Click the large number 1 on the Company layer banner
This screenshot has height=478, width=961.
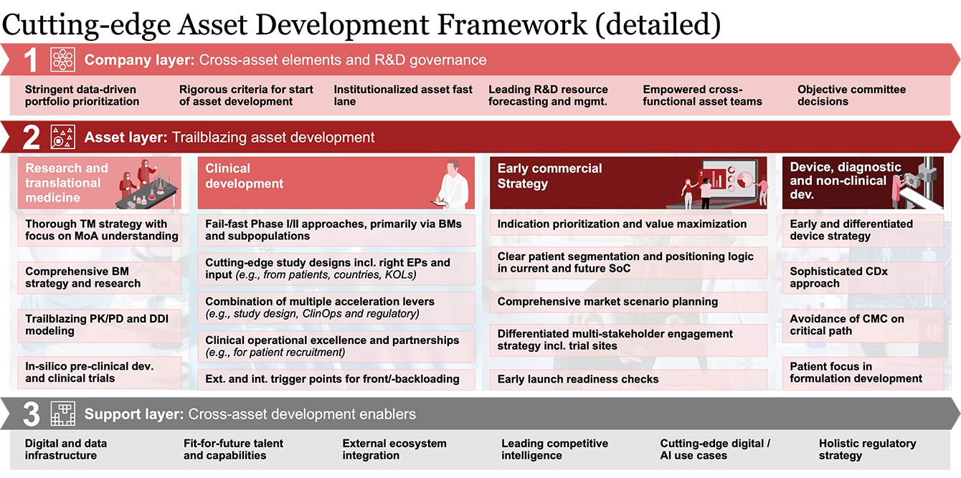tap(30, 60)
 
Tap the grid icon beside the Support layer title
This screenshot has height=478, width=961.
tap(62, 414)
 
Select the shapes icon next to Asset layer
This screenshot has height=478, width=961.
tap(62, 137)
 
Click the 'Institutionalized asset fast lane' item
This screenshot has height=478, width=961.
tap(403, 95)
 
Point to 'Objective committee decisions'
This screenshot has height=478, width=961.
tap(851, 95)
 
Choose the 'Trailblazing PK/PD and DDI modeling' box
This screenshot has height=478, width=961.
tap(100, 325)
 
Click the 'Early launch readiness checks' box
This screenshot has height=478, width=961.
tap(628, 379)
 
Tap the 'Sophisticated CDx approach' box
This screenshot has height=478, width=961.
tap(863, 277)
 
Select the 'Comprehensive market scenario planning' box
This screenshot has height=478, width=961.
tap(628, 302)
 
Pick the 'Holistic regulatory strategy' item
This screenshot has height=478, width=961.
tap(868, 449)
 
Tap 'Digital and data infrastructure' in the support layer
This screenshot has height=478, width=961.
tap(66, 449)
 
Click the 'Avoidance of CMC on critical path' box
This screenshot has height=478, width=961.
tap(863, 325)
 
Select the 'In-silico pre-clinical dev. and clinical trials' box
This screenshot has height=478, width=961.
tap(100, 373)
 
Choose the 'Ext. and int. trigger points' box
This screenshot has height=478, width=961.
tap(336, 379)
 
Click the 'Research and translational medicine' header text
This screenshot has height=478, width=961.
tap(67, 183)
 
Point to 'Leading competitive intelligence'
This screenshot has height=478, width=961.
tap(554, 449)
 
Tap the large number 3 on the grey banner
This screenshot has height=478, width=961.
tap(31, 414)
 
